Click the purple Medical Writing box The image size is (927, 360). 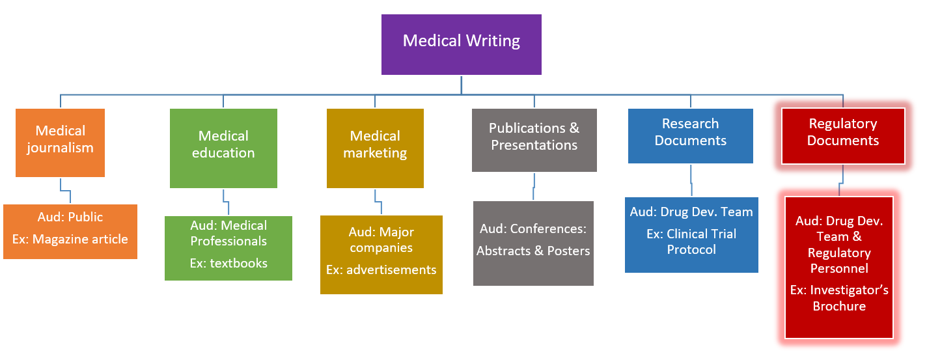coord(461,44)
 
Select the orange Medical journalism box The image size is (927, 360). coord(60,143)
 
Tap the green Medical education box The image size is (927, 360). coord(223,148)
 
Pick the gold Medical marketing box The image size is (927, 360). coord(375,148)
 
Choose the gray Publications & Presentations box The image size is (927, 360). coord(534,140)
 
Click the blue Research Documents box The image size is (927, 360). coord(690,135)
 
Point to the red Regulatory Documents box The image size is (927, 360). coord(842,135)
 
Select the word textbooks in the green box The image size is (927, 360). coord(239,264)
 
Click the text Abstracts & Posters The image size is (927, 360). coord(533,251)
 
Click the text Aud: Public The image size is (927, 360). coord(70,217)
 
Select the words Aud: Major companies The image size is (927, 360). coord(381,240)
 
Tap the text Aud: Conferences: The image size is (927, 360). coord(533,229)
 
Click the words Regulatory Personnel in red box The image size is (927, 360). coord(839,260)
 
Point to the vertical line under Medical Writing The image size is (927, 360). coord(462,85)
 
